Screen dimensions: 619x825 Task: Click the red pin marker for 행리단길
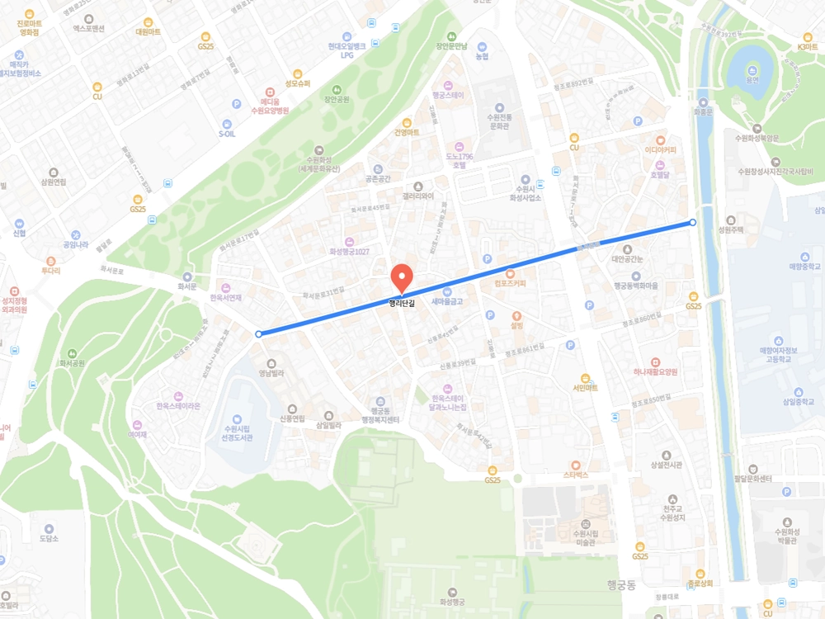pos(401,276)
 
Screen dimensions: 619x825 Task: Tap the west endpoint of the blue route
pos(259,334)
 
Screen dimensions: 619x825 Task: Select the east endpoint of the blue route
pos(692,223)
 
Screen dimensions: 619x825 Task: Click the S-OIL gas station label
pos(227,133)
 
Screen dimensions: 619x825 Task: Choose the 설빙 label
pos(517,325)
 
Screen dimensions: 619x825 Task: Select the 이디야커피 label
pos(660,150)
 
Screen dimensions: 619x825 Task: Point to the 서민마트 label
pos(585,388)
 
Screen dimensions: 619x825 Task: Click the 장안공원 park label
pos(337,99)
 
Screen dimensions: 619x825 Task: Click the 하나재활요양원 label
pos(655,372)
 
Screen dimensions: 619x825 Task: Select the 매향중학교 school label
pos(805,267)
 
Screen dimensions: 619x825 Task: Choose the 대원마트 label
pos(148,31)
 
